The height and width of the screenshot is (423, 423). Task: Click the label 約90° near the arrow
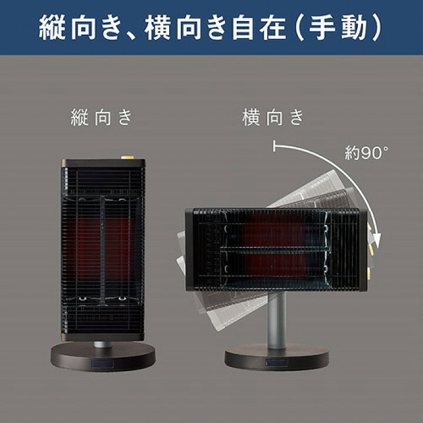(367, 153)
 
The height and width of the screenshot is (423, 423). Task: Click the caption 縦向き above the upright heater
(102, 117)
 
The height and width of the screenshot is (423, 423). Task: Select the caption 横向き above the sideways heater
(273, 117)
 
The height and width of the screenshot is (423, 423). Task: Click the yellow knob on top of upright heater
(127, 157)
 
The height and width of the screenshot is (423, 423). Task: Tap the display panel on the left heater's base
(102, 364)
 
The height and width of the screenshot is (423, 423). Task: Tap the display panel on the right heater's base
(277, 362)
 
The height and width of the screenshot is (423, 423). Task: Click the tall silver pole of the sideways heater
(277, 320)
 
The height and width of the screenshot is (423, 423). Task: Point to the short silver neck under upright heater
(103, 344)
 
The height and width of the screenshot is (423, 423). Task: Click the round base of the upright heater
(103, 357)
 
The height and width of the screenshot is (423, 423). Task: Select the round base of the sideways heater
(277, 357)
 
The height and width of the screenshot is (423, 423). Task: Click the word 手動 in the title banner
(338, 28)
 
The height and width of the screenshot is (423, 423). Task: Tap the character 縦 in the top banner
(52, 28)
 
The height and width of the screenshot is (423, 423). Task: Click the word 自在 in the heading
(258, 28)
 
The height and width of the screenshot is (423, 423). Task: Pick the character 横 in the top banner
(158, 28)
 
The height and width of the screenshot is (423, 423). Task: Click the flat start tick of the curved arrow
(274, 146)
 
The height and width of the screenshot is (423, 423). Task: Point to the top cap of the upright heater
(103, 163)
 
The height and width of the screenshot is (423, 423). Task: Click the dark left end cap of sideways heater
(189, 249)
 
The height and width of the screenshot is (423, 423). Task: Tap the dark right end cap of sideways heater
(363, 250)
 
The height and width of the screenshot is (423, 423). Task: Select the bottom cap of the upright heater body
(103, 337)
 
